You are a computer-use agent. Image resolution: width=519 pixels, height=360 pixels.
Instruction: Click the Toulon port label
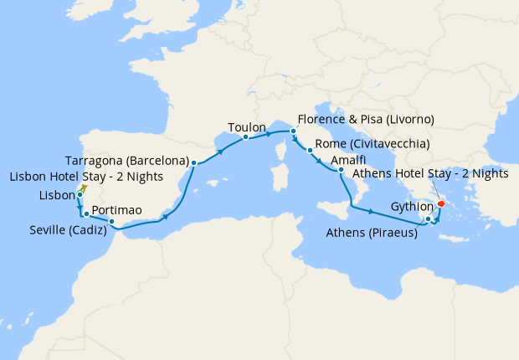[x=245, y=128]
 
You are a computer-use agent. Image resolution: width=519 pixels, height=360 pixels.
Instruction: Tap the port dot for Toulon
[x=245, y=137]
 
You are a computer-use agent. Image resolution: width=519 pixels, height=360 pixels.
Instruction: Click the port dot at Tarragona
[x=193, y=163]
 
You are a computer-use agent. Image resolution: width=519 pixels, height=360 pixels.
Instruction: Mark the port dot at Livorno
[x=294, y=131]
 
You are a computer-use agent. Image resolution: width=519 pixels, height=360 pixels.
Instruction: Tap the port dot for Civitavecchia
[x=311, y=151]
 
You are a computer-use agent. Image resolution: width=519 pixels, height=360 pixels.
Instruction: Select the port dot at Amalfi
[x=341, y=171]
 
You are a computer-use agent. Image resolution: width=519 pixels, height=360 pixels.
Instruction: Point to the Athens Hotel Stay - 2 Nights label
[x=430, y=174]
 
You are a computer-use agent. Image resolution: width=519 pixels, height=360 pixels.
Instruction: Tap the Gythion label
[x=412, y=207]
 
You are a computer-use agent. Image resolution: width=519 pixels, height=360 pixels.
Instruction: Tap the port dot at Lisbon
[x=80, y=195]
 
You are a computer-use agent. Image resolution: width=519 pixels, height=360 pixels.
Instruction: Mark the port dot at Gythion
[x=428, y=219]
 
